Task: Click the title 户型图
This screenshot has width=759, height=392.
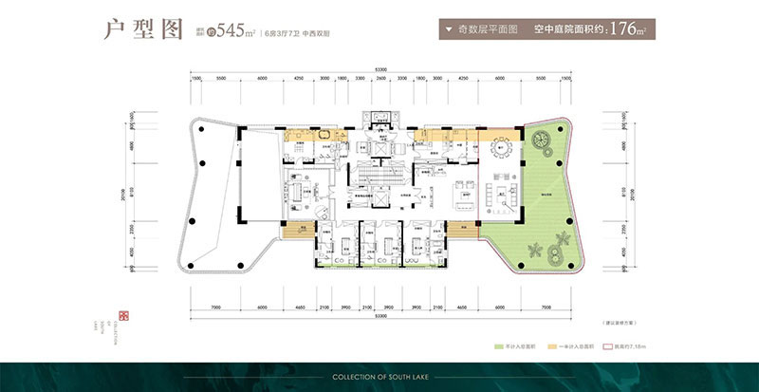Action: (142, 29)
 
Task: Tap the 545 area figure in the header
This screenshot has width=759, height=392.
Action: (233, 30)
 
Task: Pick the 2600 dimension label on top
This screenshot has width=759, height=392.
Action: (380, 80)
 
